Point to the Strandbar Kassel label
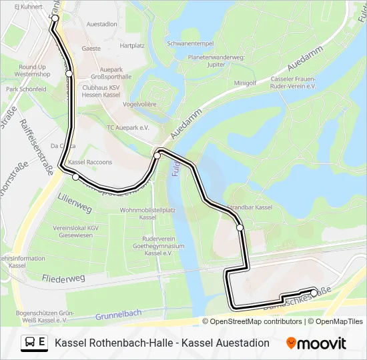click(x=250, y=208)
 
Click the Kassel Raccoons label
click(x=90, y=162)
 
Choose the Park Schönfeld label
click(x=26, y=89)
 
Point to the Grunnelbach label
click(x=118, y=314)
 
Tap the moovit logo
click(x=316, y=343)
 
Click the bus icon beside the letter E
click(x=30, y=343)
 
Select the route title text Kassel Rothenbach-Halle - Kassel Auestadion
click(x=162, y=343)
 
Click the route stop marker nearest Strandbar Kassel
click(x=240, y=228)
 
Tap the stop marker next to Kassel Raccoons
click(x=75, y=177)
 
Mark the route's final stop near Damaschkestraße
click(x=314, y=292)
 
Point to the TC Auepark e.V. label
click(x=127, y=127)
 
